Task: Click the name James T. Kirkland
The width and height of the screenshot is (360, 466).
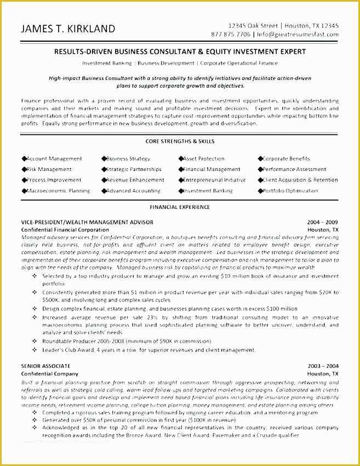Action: point(68,29)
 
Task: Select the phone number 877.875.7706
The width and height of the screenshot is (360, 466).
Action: point(231,34)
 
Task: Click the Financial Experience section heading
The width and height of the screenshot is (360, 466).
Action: point(179,207)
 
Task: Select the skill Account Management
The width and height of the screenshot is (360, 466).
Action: point(54,158)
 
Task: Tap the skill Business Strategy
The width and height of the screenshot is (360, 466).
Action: point(128,158)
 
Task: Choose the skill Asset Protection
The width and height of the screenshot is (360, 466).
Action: point(204,158)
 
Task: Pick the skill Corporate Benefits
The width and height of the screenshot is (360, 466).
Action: point(286,158)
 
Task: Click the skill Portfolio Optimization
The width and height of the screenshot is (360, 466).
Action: point(290,191)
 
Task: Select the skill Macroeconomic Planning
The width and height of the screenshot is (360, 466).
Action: point(58,191)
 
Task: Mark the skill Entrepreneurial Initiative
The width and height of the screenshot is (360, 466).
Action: point(214,180)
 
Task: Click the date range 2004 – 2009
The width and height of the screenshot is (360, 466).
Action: point(323,222)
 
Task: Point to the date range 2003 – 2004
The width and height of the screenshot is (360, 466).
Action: point(323,366)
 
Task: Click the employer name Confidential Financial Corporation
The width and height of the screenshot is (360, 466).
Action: point(65,229)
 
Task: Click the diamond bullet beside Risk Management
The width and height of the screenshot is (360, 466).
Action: point(24,169)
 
